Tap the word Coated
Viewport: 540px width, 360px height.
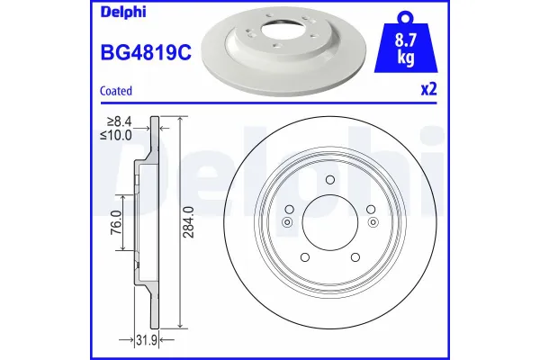tap(116, 91)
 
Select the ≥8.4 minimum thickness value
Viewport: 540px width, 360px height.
tap(119, 121)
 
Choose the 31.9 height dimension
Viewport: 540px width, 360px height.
tap(148, 338)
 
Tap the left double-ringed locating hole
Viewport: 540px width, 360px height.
tap(287, 222)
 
